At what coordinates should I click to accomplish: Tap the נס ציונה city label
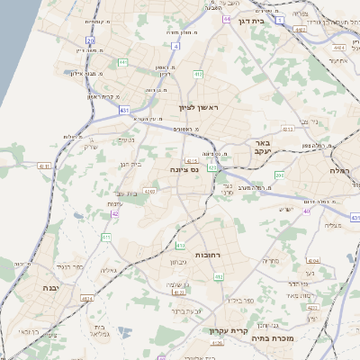[x=184, y=168]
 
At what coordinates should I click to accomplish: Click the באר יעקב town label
[x=262, y=148]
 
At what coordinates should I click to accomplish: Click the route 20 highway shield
[x=91, y=40]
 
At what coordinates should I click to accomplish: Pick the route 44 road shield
[x=226, y=19]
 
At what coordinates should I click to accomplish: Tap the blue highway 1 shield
[x=281, y=19]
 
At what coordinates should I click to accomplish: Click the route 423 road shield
[x=211, y=167]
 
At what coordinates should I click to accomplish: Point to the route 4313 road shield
[x=149, y=191]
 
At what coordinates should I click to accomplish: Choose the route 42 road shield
[x=114, y=214]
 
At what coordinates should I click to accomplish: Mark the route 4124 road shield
[x=87, y=298]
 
